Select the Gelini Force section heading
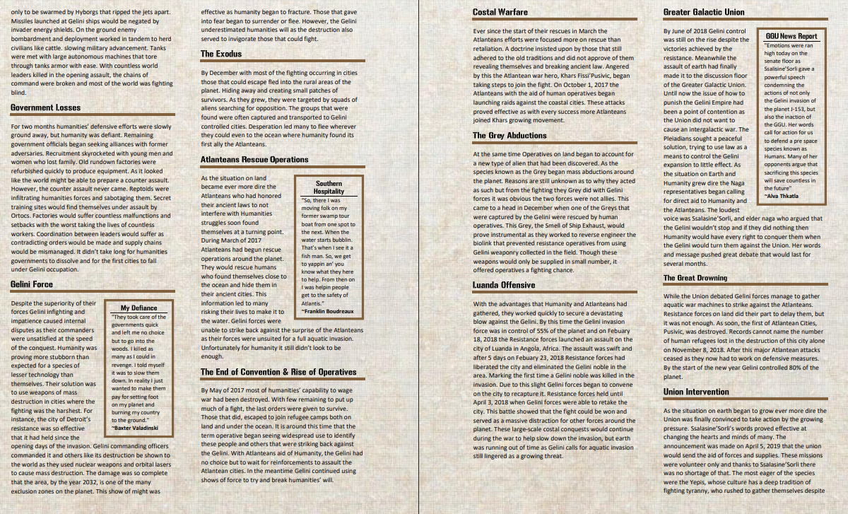point(32,284)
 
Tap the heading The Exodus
point(221,54)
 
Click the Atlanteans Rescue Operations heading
point(254,160)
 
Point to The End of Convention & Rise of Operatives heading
point(278,372)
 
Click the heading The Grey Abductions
point(510,135)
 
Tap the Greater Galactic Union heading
point(703,12)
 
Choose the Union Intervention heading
point(696,392)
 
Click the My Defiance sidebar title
point(139,308)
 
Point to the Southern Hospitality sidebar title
point(329,187)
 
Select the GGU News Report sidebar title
point(791,36)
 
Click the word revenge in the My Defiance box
point(124,364)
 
